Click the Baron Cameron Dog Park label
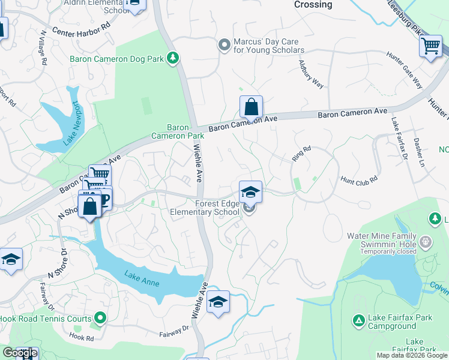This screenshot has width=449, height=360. pos(117,59)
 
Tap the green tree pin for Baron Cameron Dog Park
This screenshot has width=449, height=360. pos(173,58)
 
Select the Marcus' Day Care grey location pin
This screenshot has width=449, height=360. pos(224,44)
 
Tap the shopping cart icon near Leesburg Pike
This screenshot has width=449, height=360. pos(430,46)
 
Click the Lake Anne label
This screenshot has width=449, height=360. pos(142,278)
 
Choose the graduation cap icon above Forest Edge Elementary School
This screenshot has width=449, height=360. pos(250,192)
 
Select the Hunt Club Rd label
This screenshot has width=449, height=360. pos(358,178)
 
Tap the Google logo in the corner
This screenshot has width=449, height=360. pos(19,353)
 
